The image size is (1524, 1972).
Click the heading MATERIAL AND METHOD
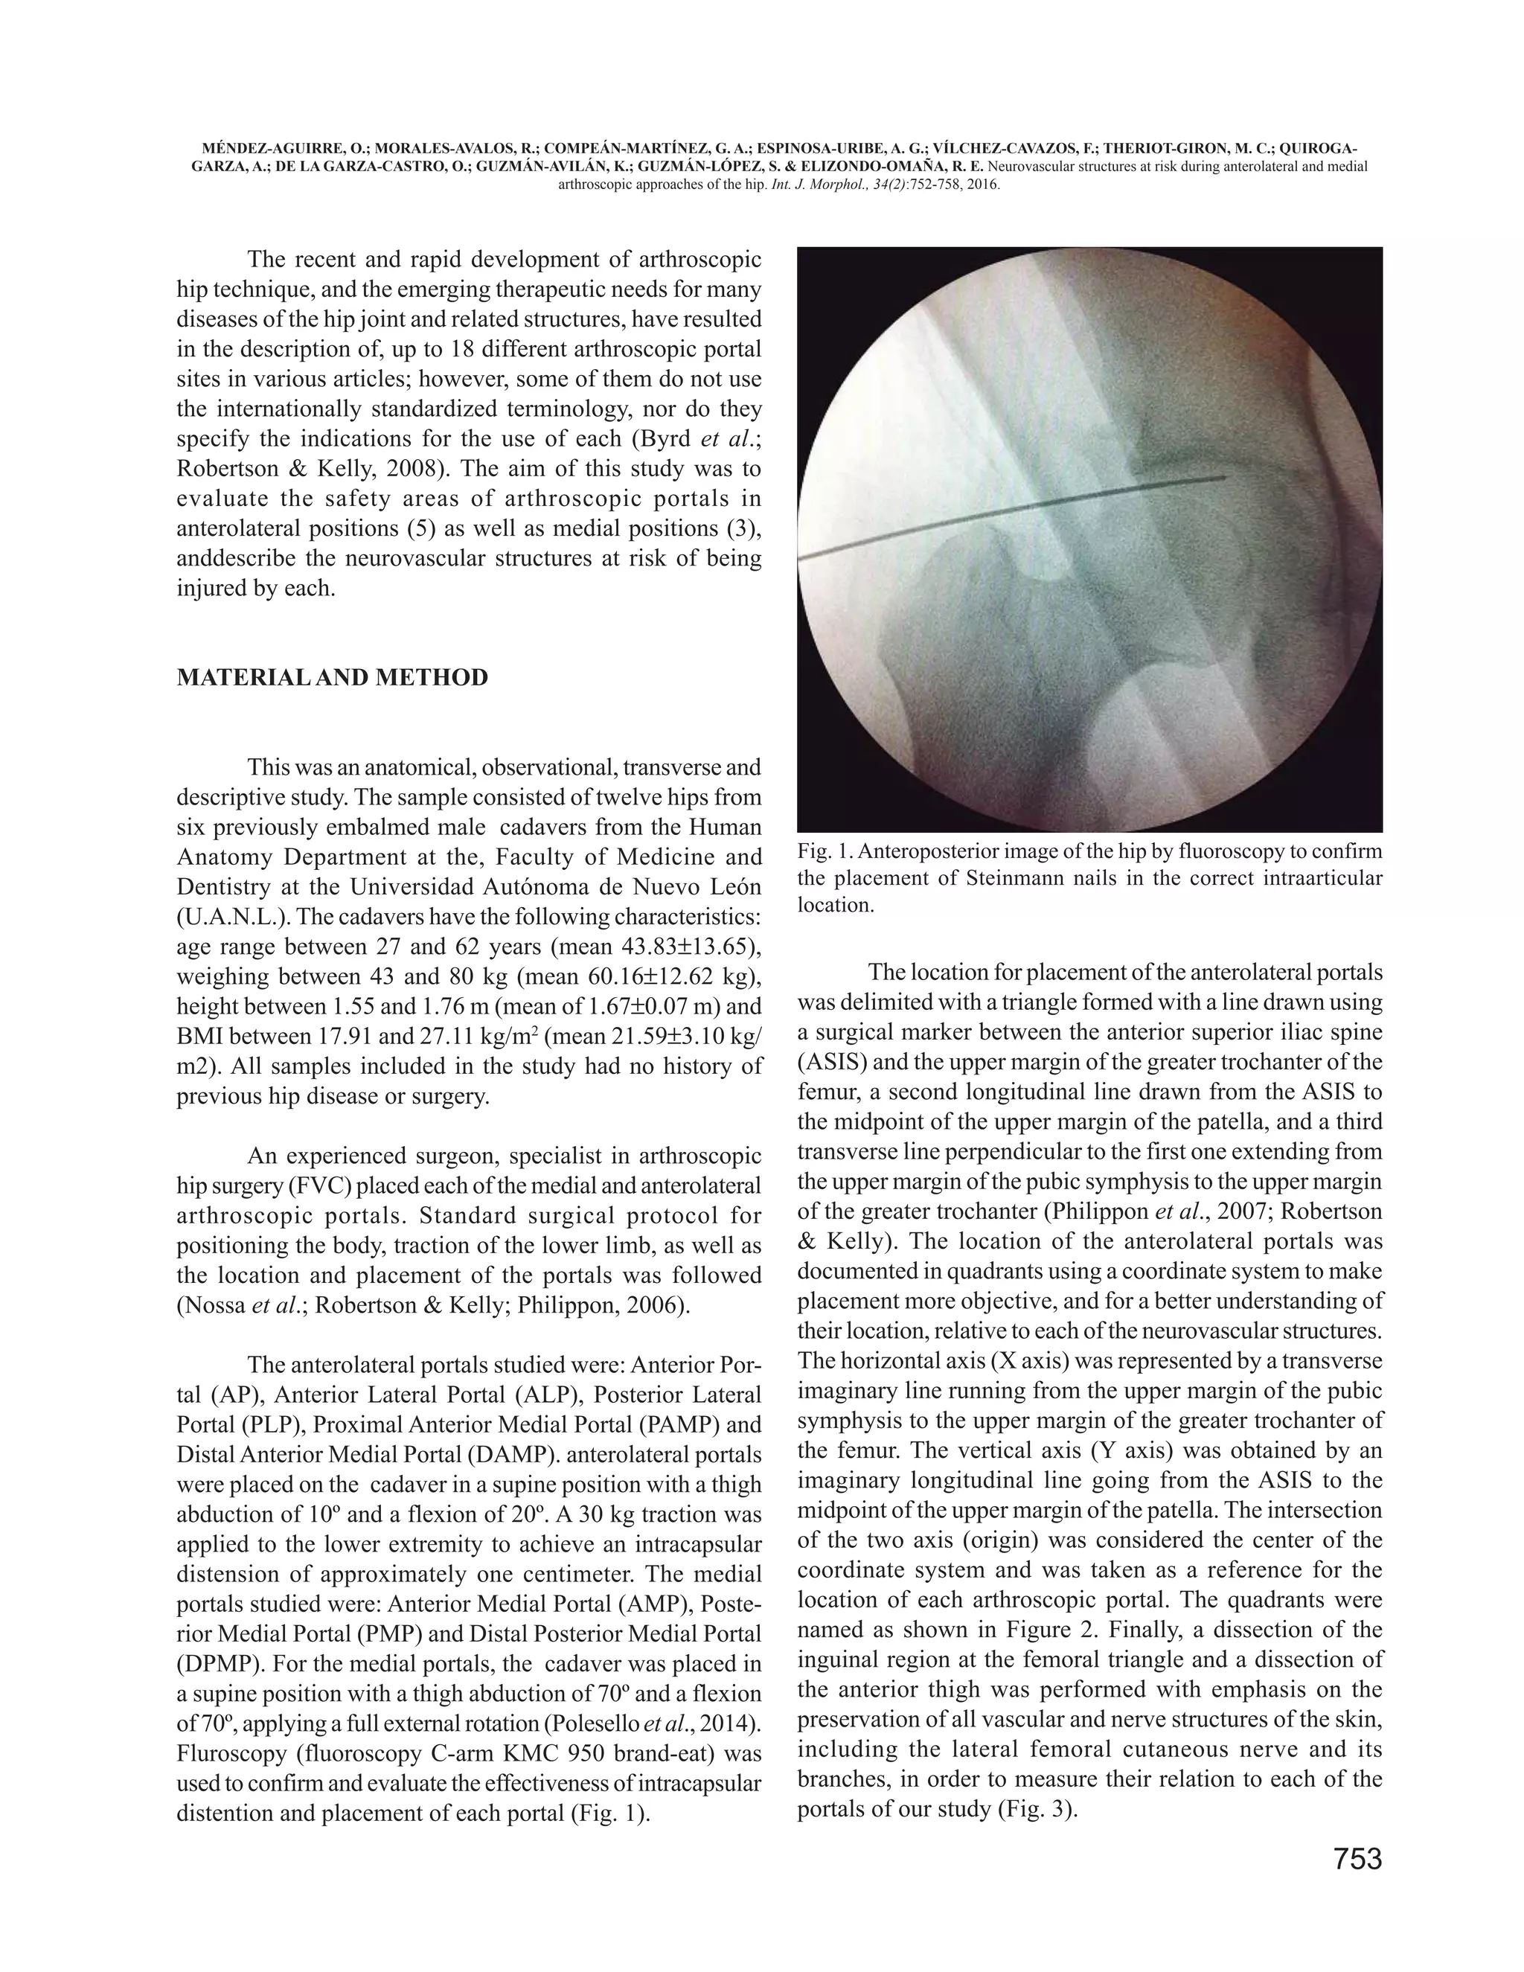[x=332, y=678]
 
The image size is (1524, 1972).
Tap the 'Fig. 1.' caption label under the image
[x=822, y=852]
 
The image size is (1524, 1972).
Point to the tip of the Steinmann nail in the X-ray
[x=1223, y=477]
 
